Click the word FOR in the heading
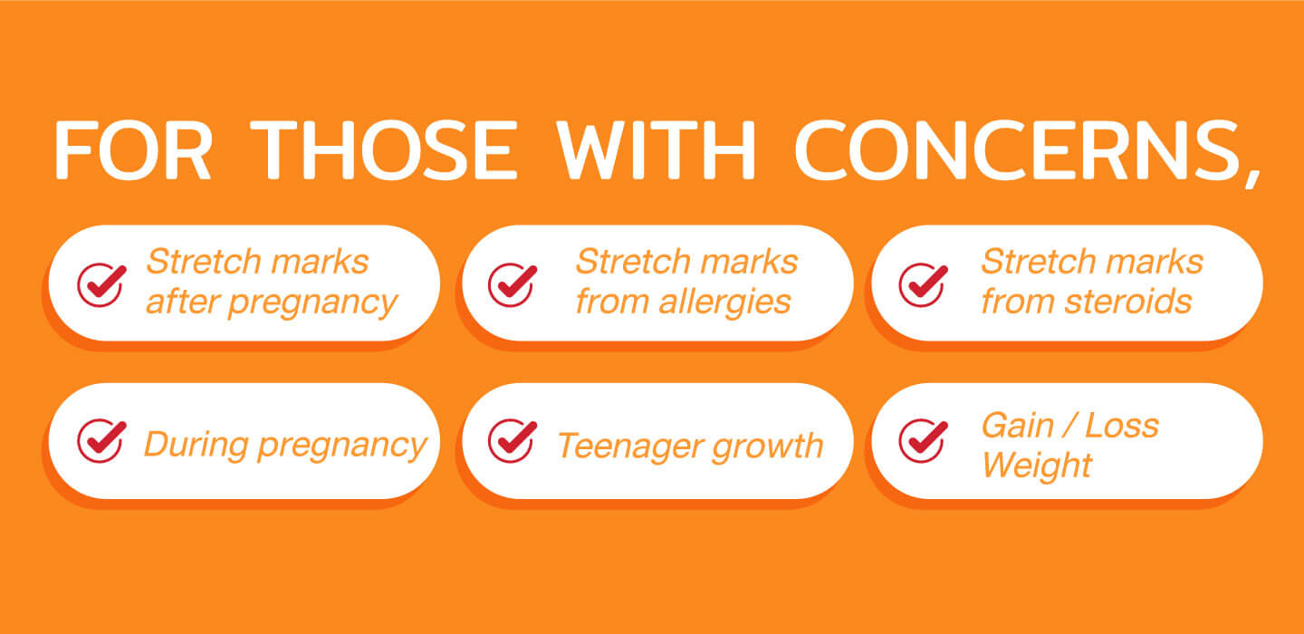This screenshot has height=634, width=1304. click(x=132, y=149)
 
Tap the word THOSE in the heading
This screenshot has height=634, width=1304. click(x=388, y=149)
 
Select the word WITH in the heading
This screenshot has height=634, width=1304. click(x=656, y=149)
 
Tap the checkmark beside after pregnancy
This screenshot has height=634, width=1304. click(x=101, y=284)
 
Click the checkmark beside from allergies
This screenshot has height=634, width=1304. click(x=513, y=284)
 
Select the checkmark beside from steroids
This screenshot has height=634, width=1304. click(x=923, y=284)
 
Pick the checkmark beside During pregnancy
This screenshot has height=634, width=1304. click(x=101, y=441)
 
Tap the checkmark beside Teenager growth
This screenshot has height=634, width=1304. click(x=513, y=441)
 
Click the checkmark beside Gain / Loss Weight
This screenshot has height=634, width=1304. click(x=923, y=441)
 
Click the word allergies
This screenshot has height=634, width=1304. click(x=724, y=303)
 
